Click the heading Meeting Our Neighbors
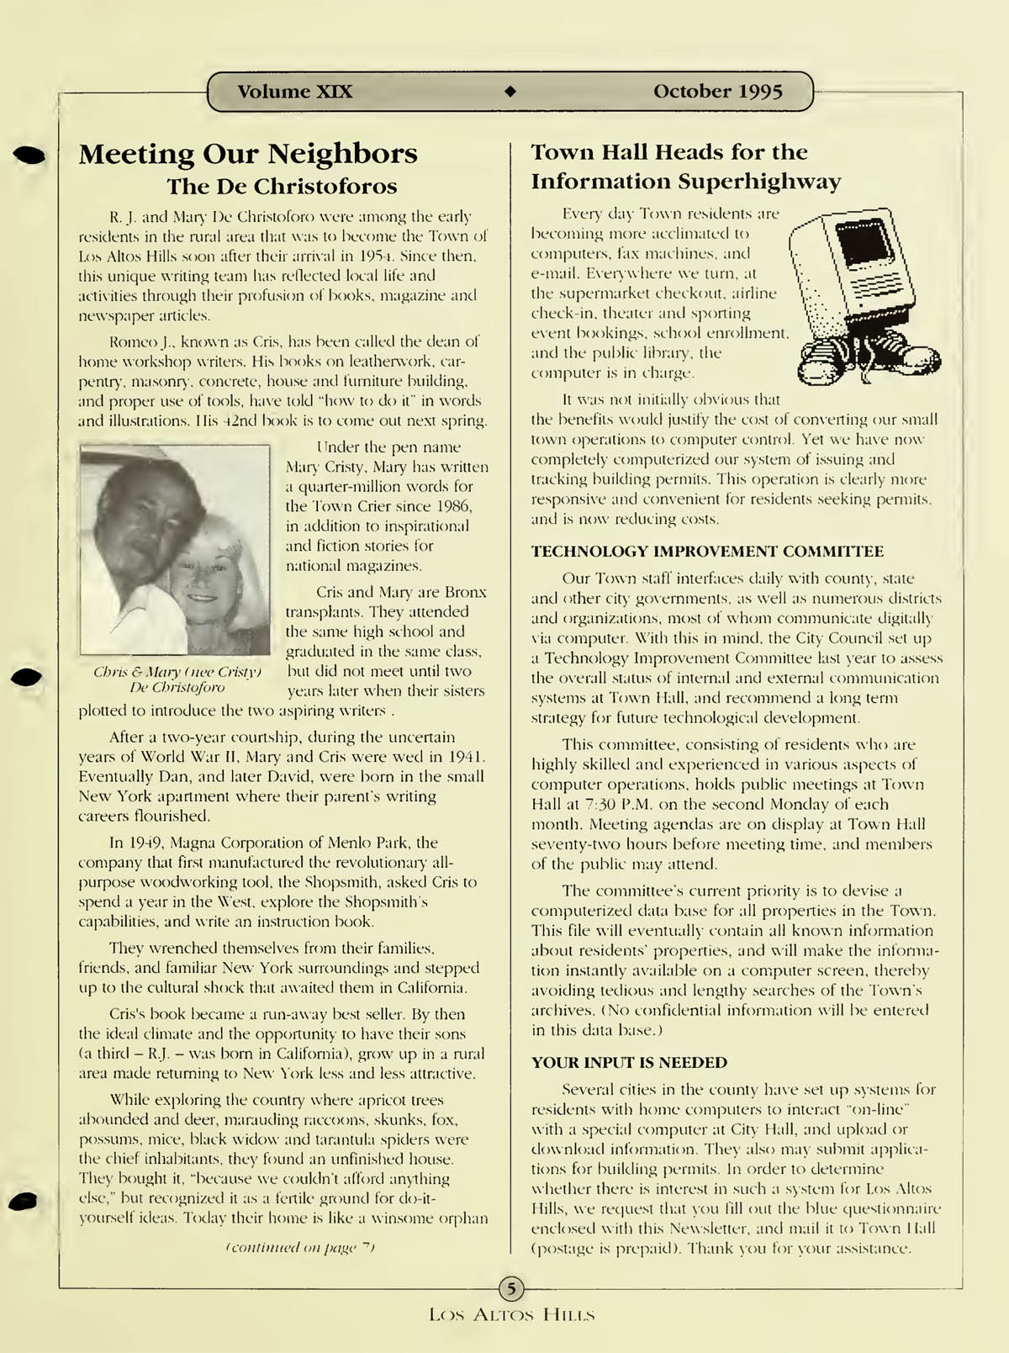(x=248, y=154)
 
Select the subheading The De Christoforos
(x=281, y=186)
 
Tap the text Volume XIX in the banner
(x=294, y=92)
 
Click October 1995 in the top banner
(x=717, y=92)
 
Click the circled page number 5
(x=511, y=1287)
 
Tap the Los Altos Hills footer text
(x=511, y=1314)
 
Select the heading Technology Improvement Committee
(x=707, y=552)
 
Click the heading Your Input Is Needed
(x=629, y=1062)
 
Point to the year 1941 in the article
(x=467, y=757)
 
